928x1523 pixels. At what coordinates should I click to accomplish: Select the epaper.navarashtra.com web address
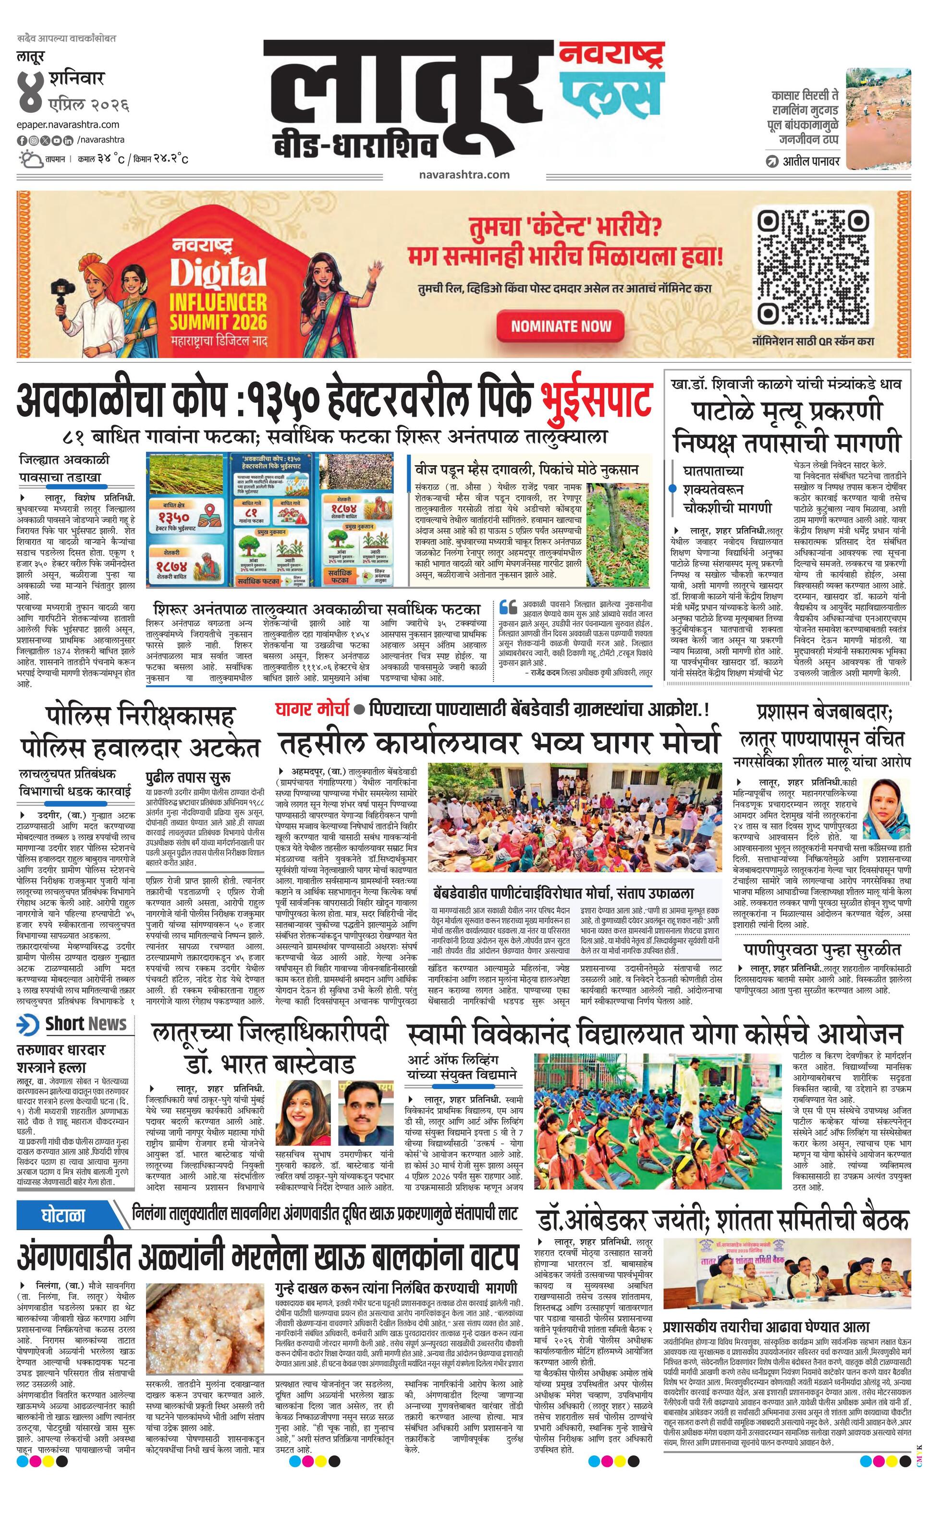coord(68,125)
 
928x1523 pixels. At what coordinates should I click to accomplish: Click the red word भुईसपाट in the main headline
coord(597,400)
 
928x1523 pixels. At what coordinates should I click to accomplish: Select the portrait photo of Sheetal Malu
coord(885,809)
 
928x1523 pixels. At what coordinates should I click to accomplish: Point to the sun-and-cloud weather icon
coord(30,159)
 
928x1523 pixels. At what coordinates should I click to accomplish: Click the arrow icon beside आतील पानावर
coord(771,162)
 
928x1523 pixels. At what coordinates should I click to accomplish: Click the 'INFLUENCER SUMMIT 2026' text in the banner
coord(218,312)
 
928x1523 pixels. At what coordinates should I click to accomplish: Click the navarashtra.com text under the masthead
coord(464,174)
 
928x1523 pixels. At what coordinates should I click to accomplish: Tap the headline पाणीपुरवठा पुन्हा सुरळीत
coord(822,949)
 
